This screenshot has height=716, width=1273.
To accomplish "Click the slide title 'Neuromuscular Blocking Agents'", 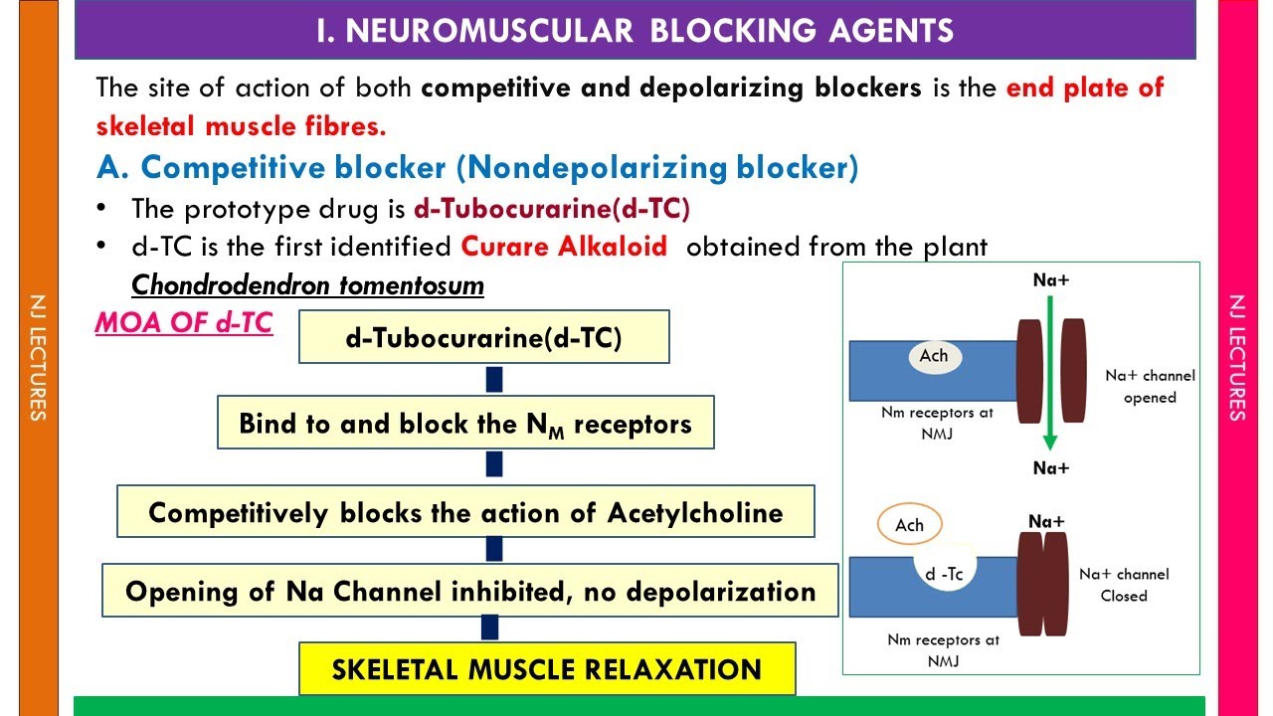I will (x=635, y=30).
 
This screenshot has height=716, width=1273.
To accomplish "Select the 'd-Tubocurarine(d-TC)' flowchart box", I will (x=483, y=338).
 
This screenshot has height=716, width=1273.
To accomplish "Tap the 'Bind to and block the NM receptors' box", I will (x=465, y=424).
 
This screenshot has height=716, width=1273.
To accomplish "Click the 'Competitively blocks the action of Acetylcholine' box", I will (x=465, y=512).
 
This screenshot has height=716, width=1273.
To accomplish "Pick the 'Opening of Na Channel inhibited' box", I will (x=470, y=592).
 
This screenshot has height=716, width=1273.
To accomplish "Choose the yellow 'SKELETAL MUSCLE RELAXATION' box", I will (x=547, y=668).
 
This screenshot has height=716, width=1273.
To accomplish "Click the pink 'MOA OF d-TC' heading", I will (x=184, y=323).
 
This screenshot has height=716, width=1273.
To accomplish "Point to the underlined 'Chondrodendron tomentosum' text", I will (x=307, y=286).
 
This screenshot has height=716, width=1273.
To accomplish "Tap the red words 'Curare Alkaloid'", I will (x=564, y=247).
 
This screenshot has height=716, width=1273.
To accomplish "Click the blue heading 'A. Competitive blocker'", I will (x=476, y=167).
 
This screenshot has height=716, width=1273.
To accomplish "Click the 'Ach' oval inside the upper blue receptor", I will (x=933, y=356).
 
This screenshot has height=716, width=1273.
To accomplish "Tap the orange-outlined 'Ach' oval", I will (x=909, y=525).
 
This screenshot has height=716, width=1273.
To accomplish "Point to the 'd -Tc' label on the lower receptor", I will (x=943, y=574).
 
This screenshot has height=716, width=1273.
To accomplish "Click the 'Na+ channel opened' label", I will (x=1150, y=387).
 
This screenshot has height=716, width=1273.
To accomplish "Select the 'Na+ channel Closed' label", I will (x=1124, y=585).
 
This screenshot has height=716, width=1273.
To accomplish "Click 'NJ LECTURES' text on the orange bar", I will (x=38, y=358).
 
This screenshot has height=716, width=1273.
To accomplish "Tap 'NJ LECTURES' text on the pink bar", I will (x=1238, y=358).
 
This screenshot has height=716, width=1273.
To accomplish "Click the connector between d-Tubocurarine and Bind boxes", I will (x=493, y=380).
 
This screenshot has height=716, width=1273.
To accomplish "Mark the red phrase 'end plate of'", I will (x=1084, y=88).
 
